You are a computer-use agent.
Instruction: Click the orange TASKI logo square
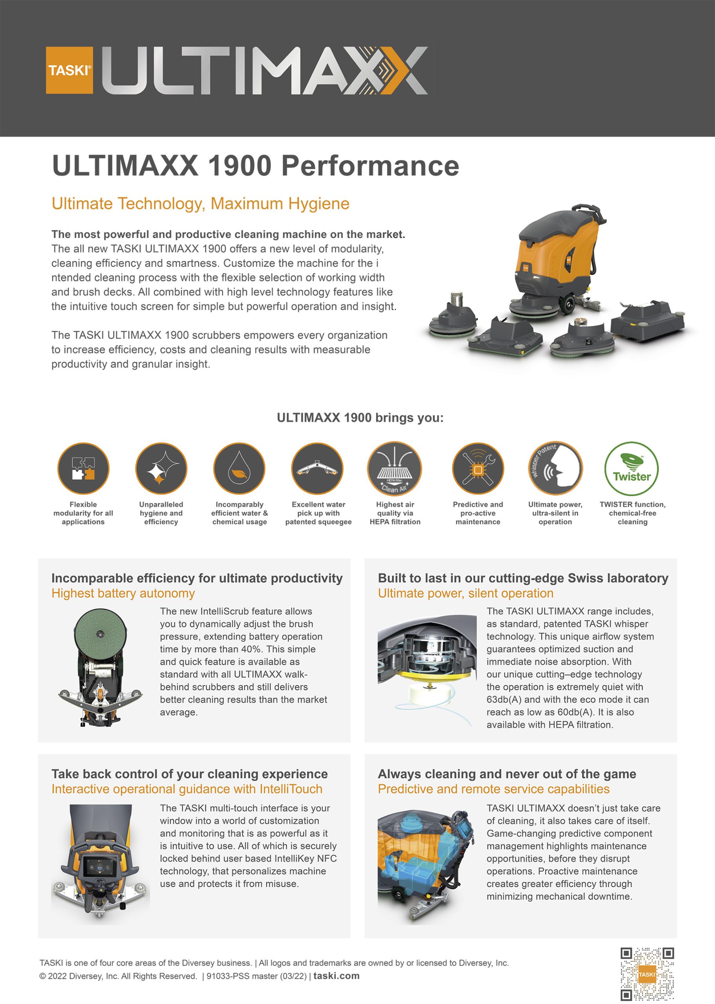(69, 71)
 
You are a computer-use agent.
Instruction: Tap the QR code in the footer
(647, 974)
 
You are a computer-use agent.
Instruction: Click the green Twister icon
(631, 469)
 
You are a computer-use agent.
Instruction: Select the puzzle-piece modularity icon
(83, 468)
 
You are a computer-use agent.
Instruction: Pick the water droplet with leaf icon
(239, 468)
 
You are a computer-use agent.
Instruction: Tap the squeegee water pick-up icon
(317, 468)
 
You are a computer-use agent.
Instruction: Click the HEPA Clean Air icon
(395, 469)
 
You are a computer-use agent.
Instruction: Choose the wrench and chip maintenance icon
(478, 468)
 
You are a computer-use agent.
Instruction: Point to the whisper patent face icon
(555, 469)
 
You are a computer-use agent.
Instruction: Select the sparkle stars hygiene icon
(161, 468)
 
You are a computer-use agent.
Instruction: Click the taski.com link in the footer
(337, 975)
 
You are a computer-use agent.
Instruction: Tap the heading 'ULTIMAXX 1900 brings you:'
(360, 417)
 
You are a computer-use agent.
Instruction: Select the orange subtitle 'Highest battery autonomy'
(123, 593)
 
